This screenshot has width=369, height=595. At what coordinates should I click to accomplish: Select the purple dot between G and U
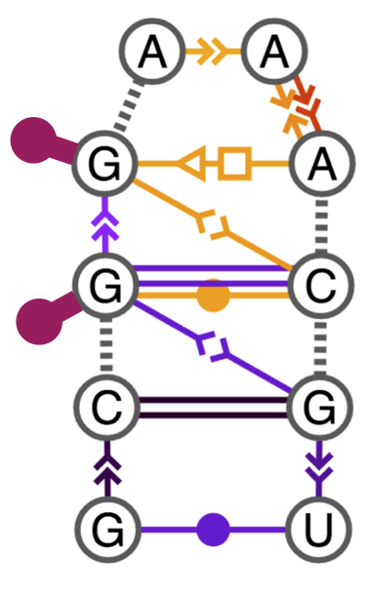point(212,531)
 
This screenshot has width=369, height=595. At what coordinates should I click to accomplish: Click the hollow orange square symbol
point(234,161)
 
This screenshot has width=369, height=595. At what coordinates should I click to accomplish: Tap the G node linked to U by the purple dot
point(104,531)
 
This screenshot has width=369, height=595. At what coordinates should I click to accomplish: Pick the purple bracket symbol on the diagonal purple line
point(209,346)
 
